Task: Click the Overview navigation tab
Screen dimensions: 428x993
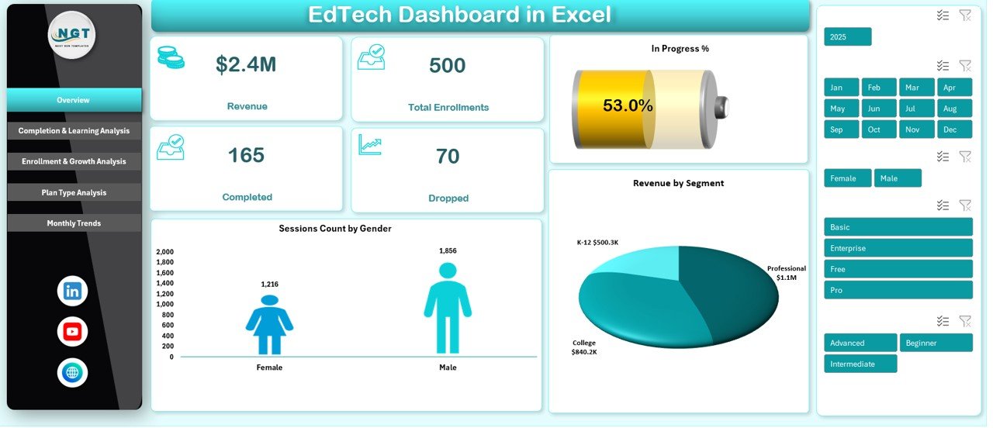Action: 74,100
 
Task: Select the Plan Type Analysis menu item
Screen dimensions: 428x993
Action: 74,192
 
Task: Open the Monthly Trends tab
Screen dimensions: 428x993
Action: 74,223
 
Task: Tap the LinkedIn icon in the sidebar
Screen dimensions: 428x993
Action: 72,292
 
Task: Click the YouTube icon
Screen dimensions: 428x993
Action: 72,332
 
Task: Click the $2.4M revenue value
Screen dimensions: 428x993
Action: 246,65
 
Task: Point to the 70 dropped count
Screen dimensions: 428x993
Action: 448,157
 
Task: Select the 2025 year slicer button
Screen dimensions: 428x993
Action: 847,36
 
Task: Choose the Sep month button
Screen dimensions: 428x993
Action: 841,129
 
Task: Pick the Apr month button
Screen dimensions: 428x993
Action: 954,88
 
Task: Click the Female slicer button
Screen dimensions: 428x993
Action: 847,178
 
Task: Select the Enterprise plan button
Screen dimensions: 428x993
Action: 898,248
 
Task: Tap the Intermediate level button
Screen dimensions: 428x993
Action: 860,364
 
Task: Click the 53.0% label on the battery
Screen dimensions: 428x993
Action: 628,106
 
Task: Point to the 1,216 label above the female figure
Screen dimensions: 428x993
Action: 270,285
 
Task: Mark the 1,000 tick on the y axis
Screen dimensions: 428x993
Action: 165,305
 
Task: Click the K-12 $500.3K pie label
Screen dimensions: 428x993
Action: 597,243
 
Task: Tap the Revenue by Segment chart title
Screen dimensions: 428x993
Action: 678,184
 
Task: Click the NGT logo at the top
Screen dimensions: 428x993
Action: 72,35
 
